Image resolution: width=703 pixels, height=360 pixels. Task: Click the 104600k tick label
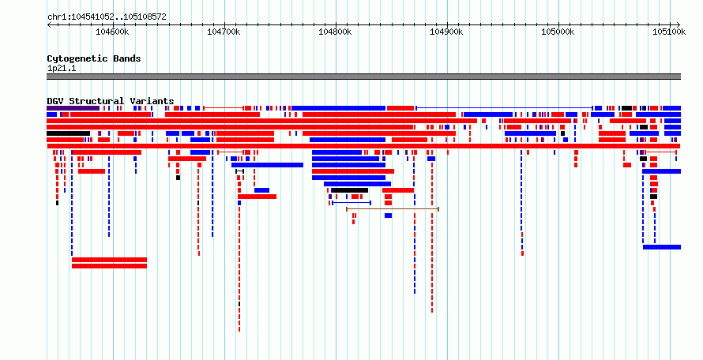(112, 32)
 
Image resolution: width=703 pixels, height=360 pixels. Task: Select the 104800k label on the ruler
(335, 32)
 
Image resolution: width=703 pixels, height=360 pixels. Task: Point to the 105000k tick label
(558, 32)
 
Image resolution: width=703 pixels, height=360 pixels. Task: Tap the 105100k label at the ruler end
(669, 32)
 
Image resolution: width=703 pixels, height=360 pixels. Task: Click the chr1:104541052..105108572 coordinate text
(107, 17)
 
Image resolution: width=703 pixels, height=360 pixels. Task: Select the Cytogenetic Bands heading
(94, 58)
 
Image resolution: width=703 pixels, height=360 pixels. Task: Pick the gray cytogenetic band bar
(363, 77)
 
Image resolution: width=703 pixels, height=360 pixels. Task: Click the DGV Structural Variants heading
(111, 101)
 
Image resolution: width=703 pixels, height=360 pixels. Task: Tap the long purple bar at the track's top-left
(73, 108)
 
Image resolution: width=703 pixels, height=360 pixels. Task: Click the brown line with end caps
(393, 209)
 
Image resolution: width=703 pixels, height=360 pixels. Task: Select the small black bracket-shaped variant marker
(240, 171)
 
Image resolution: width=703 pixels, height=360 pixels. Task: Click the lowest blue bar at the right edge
(662, 247)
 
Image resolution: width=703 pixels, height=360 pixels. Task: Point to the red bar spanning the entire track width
(363, 146)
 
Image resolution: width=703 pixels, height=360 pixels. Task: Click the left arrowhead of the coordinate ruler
(49, 24)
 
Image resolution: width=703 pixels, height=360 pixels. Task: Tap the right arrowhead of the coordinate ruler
(679, 24)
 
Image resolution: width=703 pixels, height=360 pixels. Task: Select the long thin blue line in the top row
(505, 108)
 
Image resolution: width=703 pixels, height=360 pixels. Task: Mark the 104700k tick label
(224, 32)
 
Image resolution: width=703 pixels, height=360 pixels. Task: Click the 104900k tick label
(446, 32)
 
